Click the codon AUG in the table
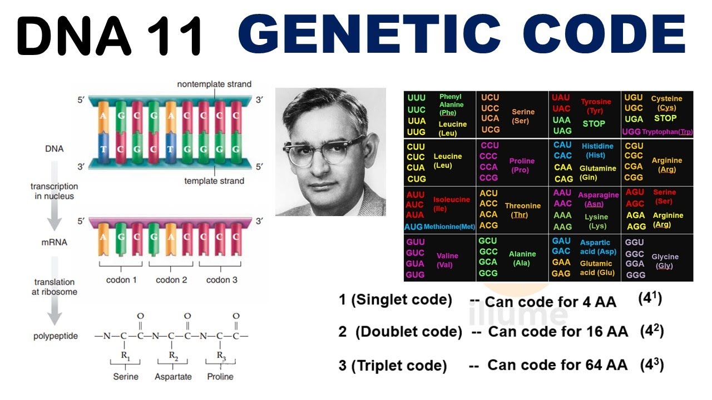point(413,227)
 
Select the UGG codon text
point(631,132)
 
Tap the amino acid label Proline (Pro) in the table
point(522,165)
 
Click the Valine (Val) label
point(447,260)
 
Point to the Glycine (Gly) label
point(665,261)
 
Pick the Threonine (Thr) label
point(522,210)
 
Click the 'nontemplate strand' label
point(214,84)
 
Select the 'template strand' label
point(214,181)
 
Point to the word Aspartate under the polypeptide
point(173,377)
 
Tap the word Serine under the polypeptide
point(126,377)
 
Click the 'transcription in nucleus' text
point(54,191)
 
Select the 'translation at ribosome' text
point(55,287)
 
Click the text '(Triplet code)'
point(401,366)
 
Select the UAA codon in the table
point(562,120)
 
